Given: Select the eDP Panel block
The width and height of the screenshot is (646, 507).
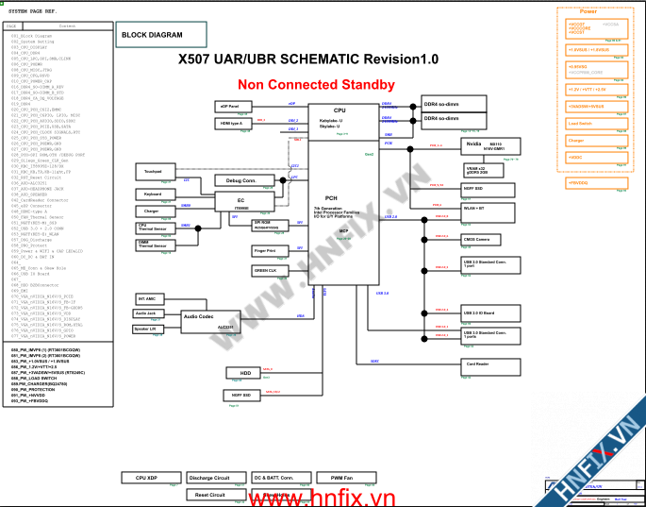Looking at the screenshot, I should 232,107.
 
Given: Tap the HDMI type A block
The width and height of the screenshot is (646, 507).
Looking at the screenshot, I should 232,124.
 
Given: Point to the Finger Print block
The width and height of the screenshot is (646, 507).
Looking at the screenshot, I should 266,251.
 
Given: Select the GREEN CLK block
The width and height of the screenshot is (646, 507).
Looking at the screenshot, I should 266,270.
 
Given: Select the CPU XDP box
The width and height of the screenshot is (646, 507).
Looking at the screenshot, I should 153,478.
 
